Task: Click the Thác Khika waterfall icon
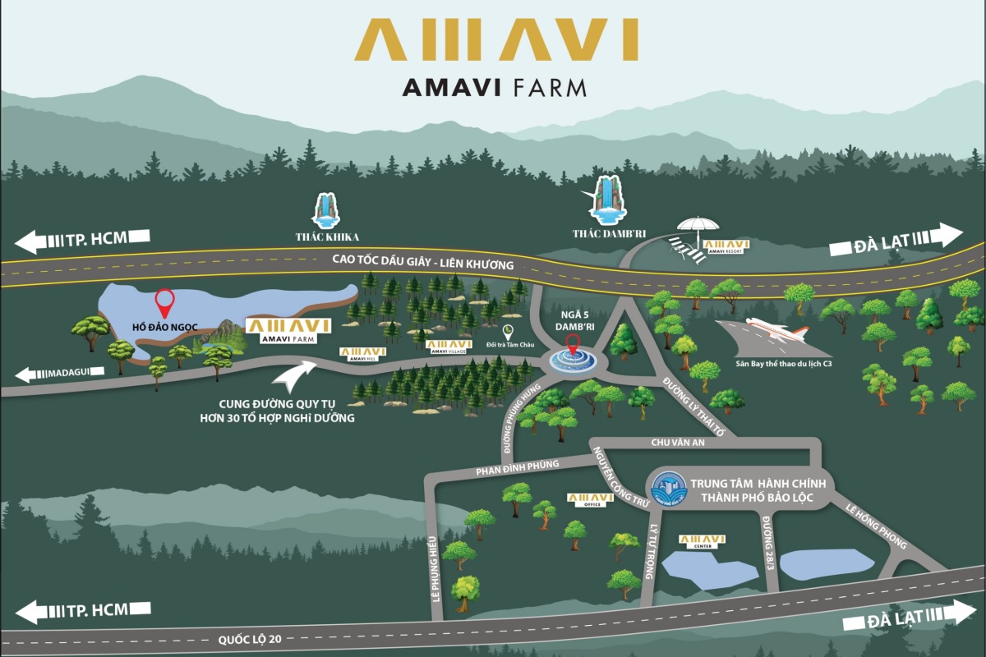click(x=326, y=211)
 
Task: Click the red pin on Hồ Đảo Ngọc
click(x=164, y=303)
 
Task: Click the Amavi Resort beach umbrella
click(x=698, y=226)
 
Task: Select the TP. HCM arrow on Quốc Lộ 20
click(x=82, y=611)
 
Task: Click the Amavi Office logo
click(x=590, y=499)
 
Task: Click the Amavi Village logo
click(x=448, y=346)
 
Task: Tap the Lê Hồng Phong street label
click(x=874, y=526)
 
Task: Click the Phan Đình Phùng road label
click(x=518, y=467)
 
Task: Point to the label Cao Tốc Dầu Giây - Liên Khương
click(x=422, y=263)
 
